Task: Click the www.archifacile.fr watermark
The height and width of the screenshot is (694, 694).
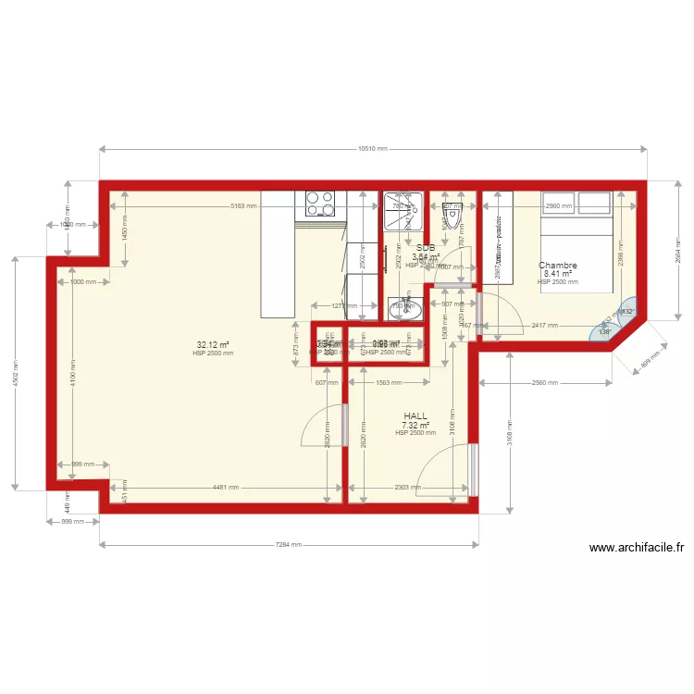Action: coord(637,547)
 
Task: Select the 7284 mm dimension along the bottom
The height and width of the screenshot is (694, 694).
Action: coord(289,545)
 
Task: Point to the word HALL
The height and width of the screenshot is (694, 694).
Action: coord(415,416)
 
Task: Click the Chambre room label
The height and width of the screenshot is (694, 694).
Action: coord(558,266)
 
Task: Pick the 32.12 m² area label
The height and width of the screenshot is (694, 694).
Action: coord(213,344)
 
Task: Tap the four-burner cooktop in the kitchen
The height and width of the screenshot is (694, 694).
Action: coord(320,203)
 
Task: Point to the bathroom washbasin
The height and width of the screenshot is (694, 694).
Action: coord(403,308)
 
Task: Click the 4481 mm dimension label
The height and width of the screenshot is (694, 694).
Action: coord(225,487)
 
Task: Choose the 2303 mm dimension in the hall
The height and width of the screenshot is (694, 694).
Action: coord(407,487)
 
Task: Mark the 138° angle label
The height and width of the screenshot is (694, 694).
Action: coord(605,331)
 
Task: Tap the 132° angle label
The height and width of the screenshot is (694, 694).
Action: coord(628,312)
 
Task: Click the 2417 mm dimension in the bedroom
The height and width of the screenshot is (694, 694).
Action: coord(545,325)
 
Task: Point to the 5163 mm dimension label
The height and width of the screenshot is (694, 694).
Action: coord(244,205)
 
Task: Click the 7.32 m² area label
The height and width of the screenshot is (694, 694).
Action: coord(415,426)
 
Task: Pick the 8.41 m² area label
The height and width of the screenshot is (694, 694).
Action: coord(557,274)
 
